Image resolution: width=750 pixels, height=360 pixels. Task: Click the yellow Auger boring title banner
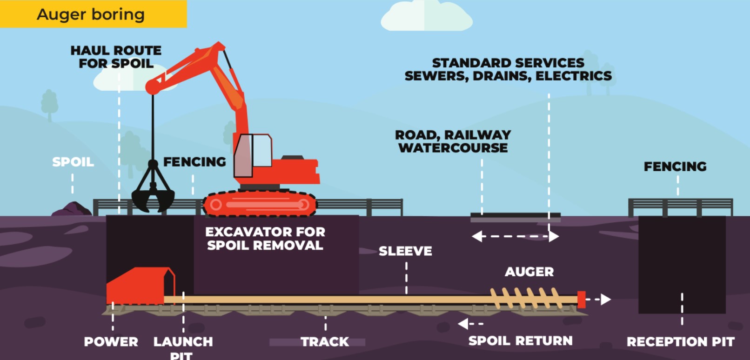coord(93,14)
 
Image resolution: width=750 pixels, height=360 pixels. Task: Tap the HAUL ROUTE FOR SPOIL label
coord(116,57)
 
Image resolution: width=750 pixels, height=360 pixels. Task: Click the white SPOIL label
coord(73,162)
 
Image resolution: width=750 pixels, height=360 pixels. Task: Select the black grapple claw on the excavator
coord(153,193)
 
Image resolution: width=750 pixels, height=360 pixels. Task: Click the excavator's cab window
coord(261,150)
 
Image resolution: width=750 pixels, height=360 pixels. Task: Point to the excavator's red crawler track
coord(260,205)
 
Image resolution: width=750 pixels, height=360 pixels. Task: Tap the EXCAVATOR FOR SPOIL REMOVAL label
coord(265,239)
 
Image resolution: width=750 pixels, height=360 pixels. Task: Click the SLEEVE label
coord(405,251)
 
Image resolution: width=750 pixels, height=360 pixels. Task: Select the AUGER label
coord(529,272)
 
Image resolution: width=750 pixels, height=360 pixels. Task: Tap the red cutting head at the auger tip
coord(581,300)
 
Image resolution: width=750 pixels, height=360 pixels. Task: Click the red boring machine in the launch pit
coord(140,286)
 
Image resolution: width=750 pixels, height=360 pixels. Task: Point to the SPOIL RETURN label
coord(520,341)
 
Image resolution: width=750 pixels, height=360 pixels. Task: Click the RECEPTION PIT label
coord(680,342)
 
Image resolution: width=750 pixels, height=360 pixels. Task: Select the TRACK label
coord(324,342)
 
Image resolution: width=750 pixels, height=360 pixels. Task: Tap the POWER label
coord(111,342)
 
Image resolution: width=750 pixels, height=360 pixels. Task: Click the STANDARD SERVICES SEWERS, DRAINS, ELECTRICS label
coord(508,69)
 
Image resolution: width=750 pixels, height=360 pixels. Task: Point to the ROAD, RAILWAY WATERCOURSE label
coord(453,141)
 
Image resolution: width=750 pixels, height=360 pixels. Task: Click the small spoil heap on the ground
coord(72,209)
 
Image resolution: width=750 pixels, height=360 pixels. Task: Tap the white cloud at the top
coord(426,18)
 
